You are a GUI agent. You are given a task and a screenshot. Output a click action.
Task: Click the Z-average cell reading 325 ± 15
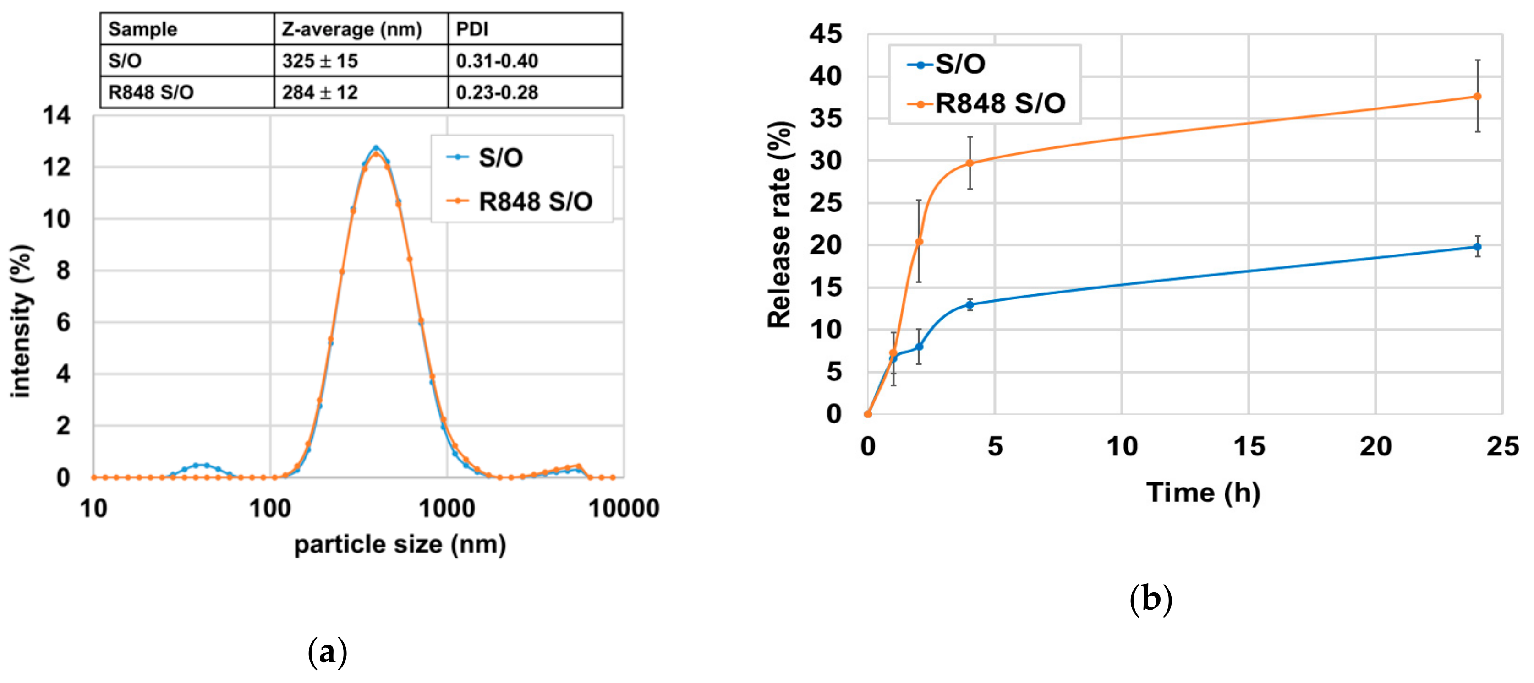(320, 61)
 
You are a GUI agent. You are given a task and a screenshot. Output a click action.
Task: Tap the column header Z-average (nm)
(351, 29)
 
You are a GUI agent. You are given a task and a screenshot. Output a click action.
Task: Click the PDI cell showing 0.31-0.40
(497, 61)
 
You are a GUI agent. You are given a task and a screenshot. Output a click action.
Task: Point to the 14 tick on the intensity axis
(56, 115)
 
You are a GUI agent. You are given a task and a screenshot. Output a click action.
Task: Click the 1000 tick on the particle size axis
(447, 509)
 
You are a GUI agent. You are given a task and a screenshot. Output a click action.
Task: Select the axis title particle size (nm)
(400, 544)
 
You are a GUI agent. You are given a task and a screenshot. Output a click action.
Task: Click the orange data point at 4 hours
(970, 163)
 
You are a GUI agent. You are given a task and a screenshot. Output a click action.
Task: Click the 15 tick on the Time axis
(1249, 447)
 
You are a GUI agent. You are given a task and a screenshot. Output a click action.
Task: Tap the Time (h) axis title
(1203, 493)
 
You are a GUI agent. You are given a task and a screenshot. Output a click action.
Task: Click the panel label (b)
(1150, 599)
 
